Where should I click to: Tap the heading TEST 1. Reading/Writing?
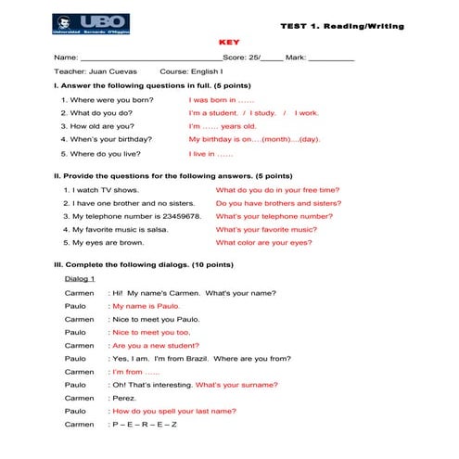coord(342,26)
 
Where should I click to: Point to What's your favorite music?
coord(266,229)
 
